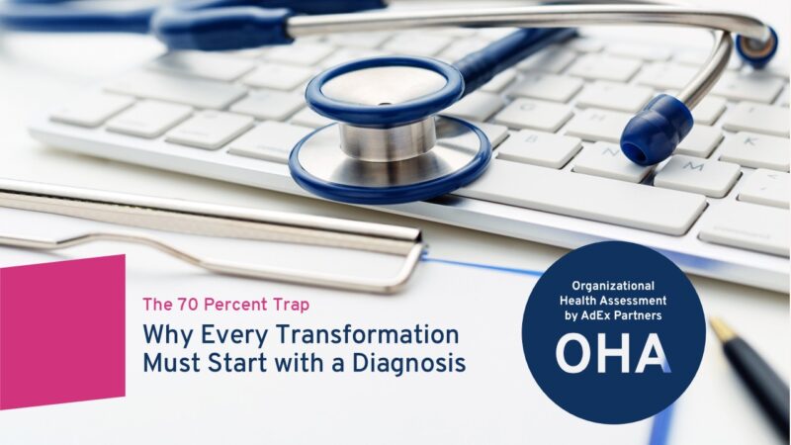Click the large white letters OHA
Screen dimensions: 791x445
coord(613,354)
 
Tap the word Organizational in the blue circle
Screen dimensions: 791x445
coord(613,287)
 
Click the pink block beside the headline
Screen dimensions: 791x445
coord(62,332)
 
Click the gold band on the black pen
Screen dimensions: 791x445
coord(723,330)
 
